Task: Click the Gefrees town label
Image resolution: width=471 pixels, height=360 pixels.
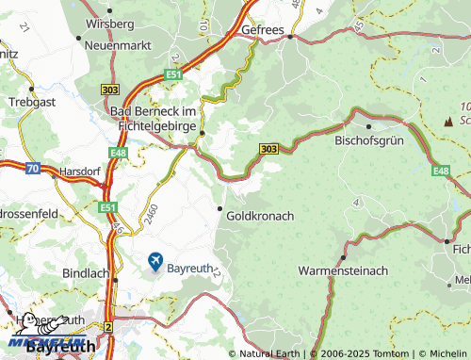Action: click(263, 30)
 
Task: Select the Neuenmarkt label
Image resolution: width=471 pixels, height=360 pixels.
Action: click(119, 44)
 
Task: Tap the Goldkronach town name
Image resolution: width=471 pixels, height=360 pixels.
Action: click(261, 216)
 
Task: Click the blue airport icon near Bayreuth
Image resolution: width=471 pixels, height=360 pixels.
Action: click(154, 261)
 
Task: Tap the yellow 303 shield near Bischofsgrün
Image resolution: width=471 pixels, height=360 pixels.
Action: click(268, 149)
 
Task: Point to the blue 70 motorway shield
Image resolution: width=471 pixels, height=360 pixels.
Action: click(33, 170)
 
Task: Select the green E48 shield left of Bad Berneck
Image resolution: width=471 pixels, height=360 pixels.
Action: click(117, 152)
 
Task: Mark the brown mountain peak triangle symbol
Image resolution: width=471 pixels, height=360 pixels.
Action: click(448, 121)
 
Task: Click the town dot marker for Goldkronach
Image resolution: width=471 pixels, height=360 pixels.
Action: click(221, 207)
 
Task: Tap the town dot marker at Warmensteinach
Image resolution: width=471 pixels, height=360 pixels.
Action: click(343, 256)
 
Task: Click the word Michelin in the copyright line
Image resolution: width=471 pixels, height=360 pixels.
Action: click(442, 353)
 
